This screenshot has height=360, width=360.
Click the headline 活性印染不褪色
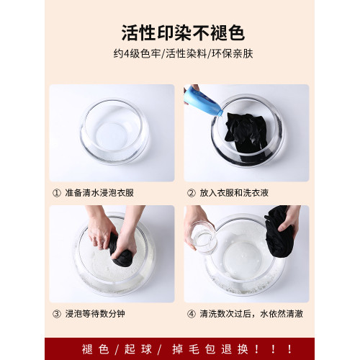[180, 33]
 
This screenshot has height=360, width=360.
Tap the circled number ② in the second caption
[191, 192]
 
